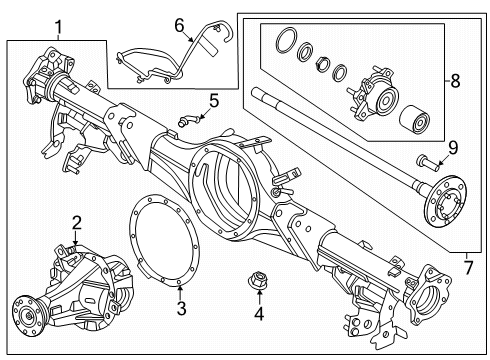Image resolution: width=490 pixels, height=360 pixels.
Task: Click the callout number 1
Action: point(58,27)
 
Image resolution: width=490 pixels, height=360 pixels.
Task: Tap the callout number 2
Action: point(77,223)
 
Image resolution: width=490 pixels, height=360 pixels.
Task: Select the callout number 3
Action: point(181,308)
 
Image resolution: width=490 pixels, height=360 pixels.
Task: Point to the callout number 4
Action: point(259,314)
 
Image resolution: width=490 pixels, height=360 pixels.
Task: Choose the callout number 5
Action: point(214,100)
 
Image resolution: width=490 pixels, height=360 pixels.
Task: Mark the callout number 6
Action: point(179,25)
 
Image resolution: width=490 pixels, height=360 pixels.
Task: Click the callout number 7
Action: point(469,267)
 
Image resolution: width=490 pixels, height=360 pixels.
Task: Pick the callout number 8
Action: point(455,81)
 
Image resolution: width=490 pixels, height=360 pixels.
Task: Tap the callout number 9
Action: point(453,148)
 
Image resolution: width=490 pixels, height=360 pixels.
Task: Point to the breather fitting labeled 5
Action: point(187,120)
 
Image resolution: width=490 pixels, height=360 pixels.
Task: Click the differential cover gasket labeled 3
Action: point(164,242)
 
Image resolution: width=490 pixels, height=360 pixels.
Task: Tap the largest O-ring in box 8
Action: point(286,40)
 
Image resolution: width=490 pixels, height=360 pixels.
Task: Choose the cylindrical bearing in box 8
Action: point(414,121)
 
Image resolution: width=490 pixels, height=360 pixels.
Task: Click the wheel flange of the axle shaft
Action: point(445,202)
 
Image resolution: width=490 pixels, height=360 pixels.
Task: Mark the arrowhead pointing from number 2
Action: point(76,244)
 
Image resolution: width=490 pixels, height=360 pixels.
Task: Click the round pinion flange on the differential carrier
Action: point(27,315)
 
